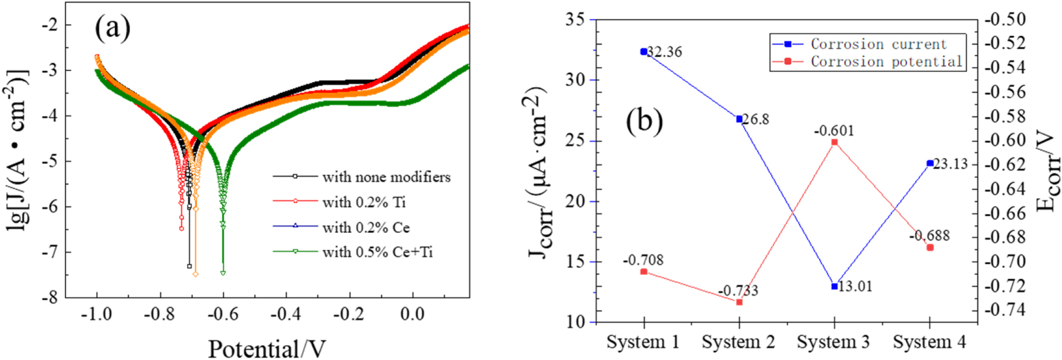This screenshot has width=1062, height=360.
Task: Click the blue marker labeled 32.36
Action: tap(644, 52)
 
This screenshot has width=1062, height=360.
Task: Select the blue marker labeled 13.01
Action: tap(835, 287)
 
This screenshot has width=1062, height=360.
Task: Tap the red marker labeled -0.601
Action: tap(835, 143)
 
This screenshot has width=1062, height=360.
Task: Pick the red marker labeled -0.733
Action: tap(739, 302)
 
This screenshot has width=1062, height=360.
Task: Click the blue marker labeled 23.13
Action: tap(930, 164)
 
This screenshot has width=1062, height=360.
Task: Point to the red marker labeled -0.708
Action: tap(644, 272)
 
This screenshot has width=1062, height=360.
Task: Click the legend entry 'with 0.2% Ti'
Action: tap(364, 202)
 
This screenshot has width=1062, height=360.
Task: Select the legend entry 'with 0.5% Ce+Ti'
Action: tap(377, 252)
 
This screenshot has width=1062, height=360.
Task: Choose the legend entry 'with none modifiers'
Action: tap(386, 177)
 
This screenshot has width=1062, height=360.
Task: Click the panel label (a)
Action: tap(112, 27)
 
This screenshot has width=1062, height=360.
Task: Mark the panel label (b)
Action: tap(644, 120)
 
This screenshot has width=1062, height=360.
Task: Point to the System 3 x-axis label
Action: tap(833, 341)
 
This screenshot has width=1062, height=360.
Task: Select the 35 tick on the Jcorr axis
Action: tap(575, 19)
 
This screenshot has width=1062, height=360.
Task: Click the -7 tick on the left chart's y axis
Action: tap(50, 252)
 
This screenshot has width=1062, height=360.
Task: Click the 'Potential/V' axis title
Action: tap(266, 349)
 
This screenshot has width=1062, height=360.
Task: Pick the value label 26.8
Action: tap(756, 119)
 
